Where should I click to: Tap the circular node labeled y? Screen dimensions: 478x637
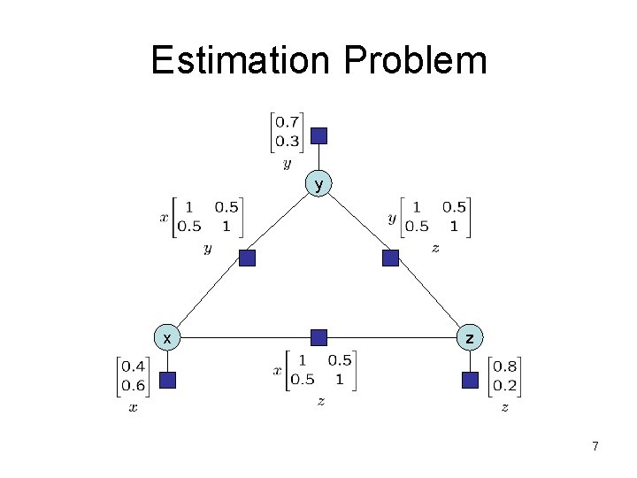(319, 184)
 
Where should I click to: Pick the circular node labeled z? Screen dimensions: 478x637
(471, 337)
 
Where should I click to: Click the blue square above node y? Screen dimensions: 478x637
(319, 135)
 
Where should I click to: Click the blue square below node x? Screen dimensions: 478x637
(167, 381)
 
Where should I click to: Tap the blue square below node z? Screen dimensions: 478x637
(471, 381)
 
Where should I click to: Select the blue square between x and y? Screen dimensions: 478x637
(248, 258)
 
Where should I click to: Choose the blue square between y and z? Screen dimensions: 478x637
(391, 258)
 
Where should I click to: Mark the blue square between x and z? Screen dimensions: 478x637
(319, 337)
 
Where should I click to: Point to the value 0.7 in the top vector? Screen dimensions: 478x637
(286, 122)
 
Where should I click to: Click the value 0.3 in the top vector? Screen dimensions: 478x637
(286, 142)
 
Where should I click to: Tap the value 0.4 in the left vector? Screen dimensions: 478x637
(134, 366)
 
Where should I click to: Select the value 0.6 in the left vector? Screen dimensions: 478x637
(134, 385)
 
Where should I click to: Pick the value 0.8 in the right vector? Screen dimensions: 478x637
(505, 366)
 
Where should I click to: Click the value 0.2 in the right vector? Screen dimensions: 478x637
(505, 385)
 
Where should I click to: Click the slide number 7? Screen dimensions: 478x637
(595, 447)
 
